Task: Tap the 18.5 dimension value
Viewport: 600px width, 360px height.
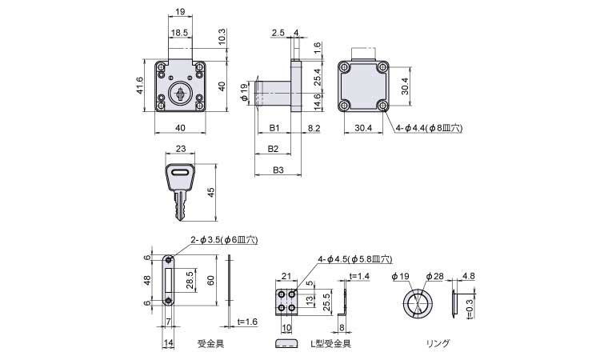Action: pyautogui.click(x=180, y=34)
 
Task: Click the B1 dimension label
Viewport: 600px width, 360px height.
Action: pyautogui.click(x=273, y=128)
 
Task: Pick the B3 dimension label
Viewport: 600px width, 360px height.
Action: pyautogui.click(x=278, y=170)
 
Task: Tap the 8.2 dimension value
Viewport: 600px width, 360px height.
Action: pyautogui.click(x=314, y=128)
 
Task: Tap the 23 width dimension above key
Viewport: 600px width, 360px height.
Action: pyautogui.click(x=180, y=150)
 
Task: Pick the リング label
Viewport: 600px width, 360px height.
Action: pyautogui.click(x=438, y=343)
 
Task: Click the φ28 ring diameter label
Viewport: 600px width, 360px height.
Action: pyautogui.click(x=434, y=276)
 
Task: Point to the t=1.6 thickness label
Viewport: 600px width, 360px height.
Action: pyautogui.click(x=248, y=321)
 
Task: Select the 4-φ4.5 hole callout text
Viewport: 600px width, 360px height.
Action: pyautogui.click(x=354, y=259)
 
